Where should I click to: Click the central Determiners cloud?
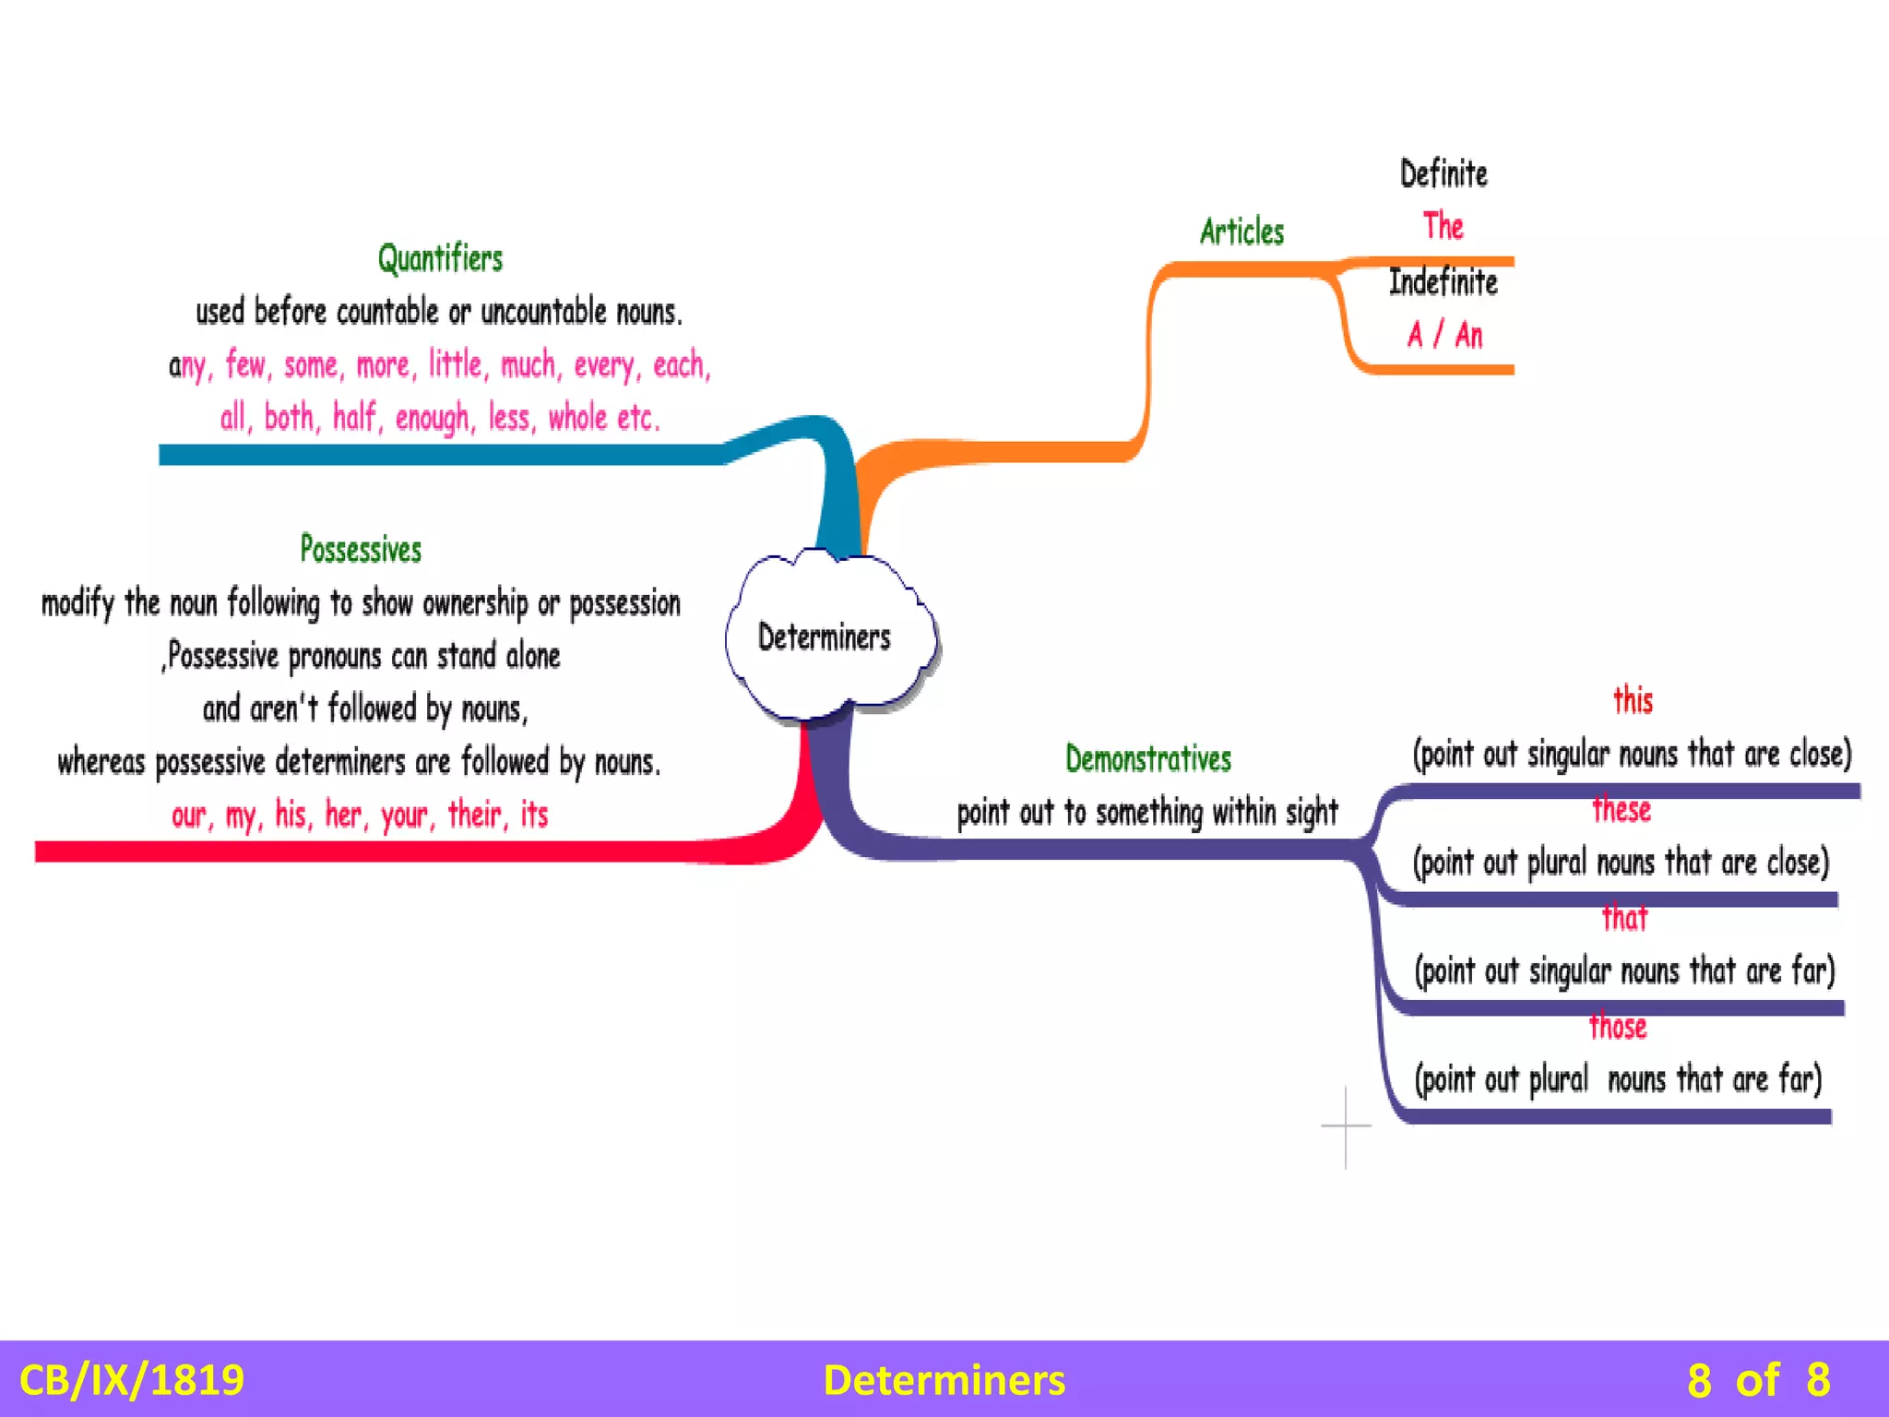click(x=825, y=637)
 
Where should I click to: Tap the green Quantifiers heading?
click(x=440, y=259)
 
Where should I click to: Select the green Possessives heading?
click(x=361, y=550)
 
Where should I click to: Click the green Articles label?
click(x=1242, y=232)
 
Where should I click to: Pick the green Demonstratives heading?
click(x=1148, y=759)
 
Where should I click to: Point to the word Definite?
click(x=1443, y=174)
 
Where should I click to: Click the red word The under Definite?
click(x=1443, y=226)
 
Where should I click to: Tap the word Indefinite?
click(x=1443, y=282)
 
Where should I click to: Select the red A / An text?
click(x=1444, y=335)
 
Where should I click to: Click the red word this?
click(x=1633, y=701)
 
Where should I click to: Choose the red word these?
click(x=1622, y=810)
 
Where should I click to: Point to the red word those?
click(x=1618, y=1027)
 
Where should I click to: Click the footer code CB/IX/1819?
click(x=132, y=1380)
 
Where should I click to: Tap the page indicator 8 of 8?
click(x=1758, y=1380)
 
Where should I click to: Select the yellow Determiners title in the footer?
click(x=944, y=1380)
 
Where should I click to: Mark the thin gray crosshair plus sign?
click(x=1346, y=1125)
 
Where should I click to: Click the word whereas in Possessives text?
click(x=101, y=763)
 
